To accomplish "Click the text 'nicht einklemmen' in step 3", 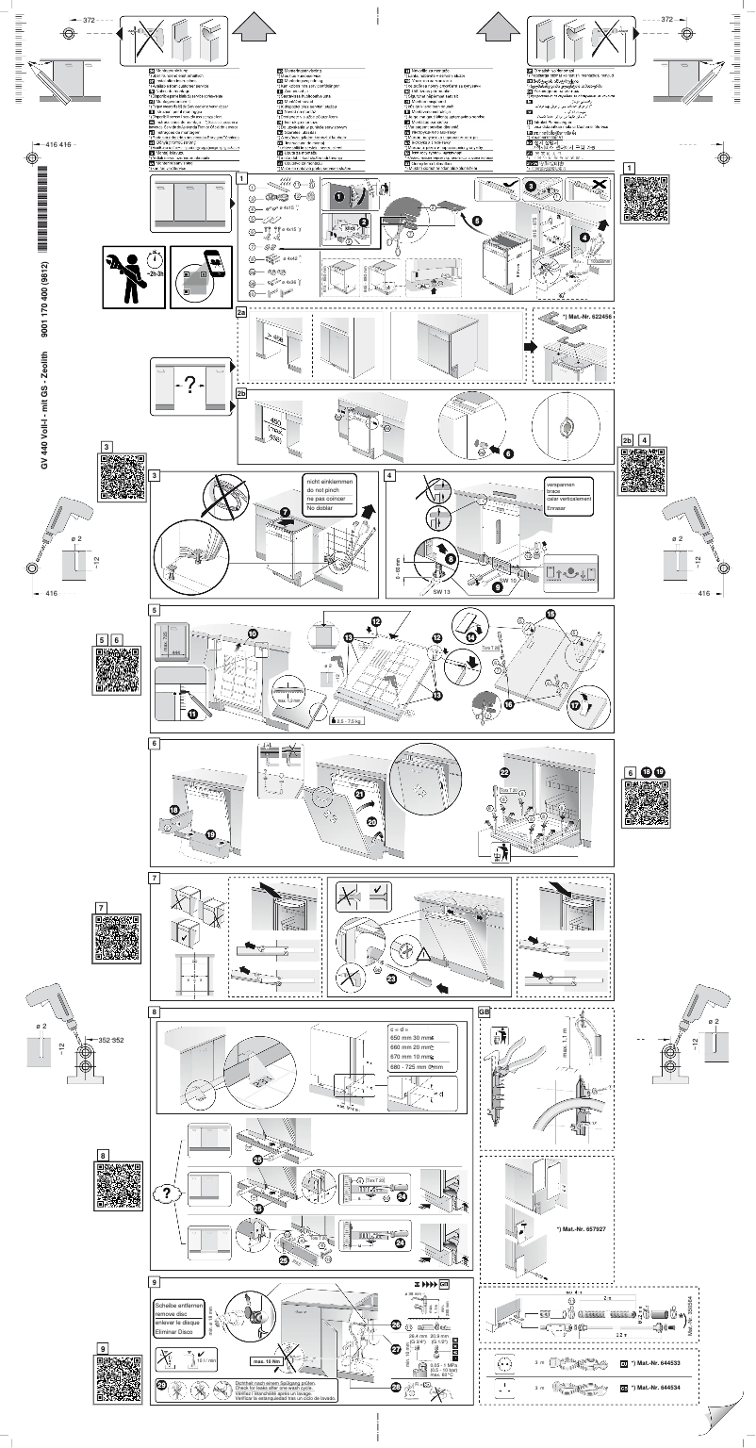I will click(329, 482).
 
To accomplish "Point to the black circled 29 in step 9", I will click(161, 1386).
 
